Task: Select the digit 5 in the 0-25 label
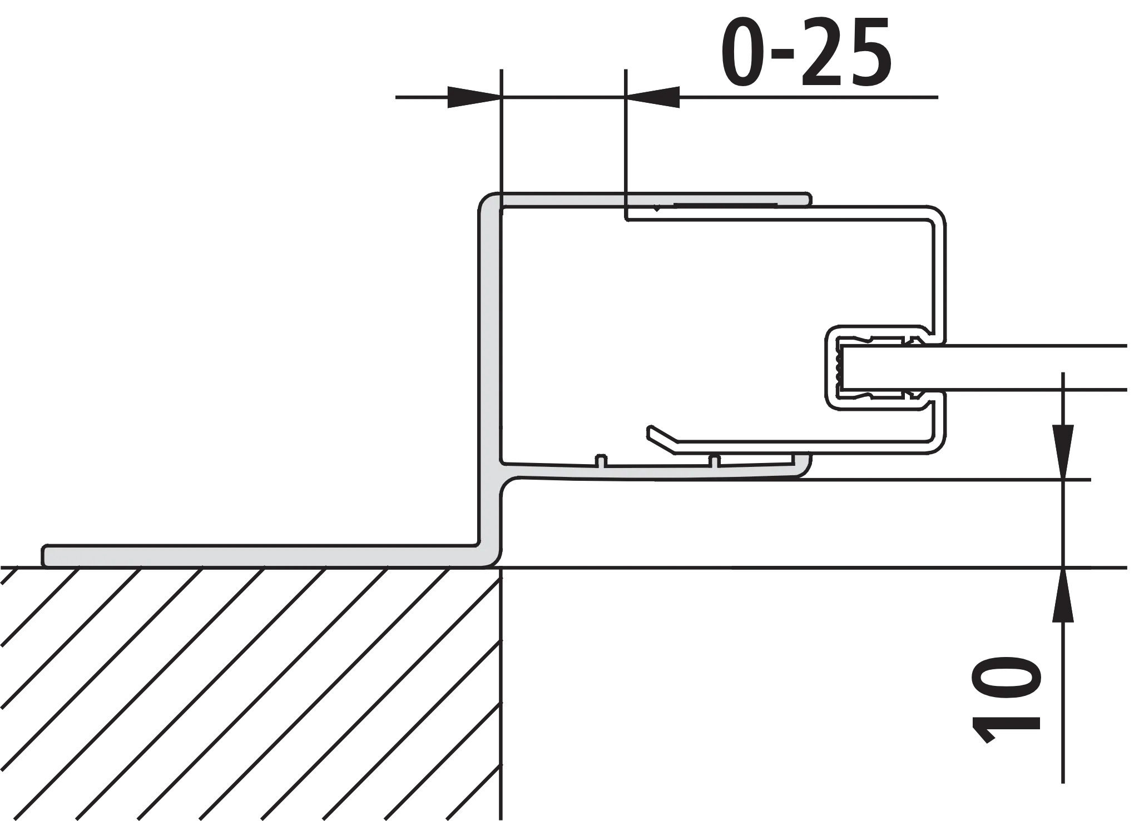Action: pyautogui.click(x=870, y=52)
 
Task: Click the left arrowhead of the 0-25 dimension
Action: pyautogui.click(x=467, y=98)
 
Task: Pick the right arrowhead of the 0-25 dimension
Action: pyautogui.click(x=659, y=98)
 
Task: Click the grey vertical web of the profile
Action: pyautogui.click(x=489, y=361)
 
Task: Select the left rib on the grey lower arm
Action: pyautogui.click(x=600, y=461)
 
